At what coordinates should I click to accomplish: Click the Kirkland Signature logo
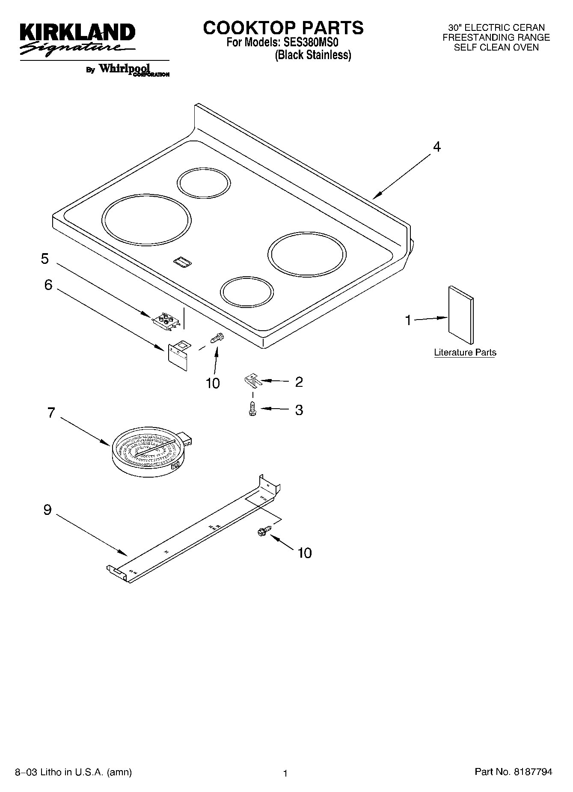click(x=77, y=39)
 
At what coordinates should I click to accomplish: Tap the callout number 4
click(x=436, y=147)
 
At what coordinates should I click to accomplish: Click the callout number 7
click(x=51, y=413)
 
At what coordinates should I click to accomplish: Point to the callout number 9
click(x=47, y=510)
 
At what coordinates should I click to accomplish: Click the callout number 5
click(x=45, y=259)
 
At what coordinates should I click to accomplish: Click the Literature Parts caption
click(x=465, y=353)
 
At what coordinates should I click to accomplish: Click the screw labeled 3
click(x=252, y=409)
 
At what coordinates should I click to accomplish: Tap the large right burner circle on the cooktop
click(x=307, y=254)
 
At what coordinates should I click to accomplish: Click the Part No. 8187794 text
click(x=513, y=772)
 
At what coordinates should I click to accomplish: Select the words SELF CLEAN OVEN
click(x=496, y=48)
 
